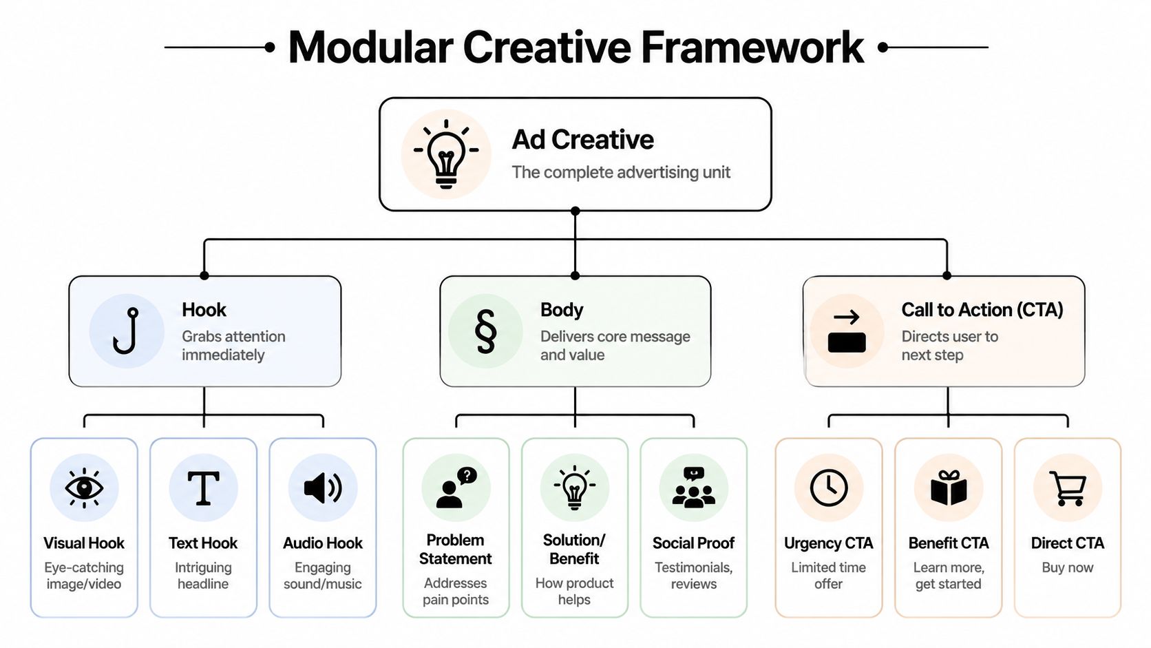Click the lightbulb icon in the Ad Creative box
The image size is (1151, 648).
click(446, 154)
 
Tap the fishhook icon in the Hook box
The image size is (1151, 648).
click(127, 331)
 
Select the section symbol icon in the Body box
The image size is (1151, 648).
click(485, 331)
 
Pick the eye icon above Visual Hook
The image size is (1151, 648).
click(84, 488)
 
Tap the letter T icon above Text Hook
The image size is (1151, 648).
click(203, 488)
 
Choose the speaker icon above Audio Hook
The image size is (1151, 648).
click(323, 488)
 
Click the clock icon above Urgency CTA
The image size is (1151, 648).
click(829, 488)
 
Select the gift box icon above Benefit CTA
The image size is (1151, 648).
click(949, 488)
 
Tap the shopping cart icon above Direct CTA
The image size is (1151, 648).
click(1068, 488)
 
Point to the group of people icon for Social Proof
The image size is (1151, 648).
click(693, 488)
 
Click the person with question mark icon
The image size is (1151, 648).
click(456, 488)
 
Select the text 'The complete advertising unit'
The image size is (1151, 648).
click(620, 172)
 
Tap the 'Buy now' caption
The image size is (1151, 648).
click(1068, 567)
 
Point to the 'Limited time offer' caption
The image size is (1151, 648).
click(829, 576)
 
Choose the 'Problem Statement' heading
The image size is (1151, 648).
click(456, 549)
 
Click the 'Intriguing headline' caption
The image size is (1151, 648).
click(203, 576)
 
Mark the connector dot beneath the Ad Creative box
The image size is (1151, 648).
click(575, 211)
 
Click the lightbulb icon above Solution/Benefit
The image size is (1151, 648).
click(575, 488)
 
